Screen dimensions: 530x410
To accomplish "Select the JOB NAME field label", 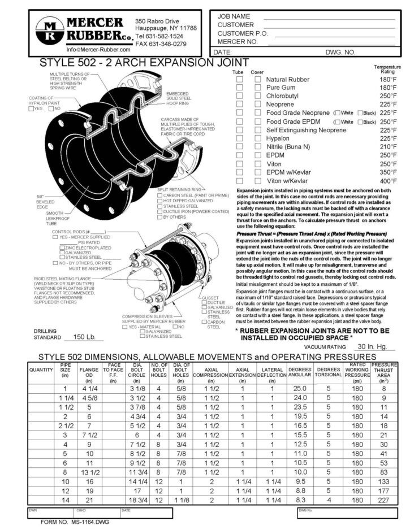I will coord(234,16).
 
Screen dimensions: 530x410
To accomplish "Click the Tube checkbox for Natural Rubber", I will coord(240,80).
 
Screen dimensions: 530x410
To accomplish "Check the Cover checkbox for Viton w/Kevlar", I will coord(258,181).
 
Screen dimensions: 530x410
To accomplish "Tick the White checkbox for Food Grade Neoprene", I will coord(338,113).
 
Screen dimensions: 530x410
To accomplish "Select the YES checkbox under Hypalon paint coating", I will coord(32,108).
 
